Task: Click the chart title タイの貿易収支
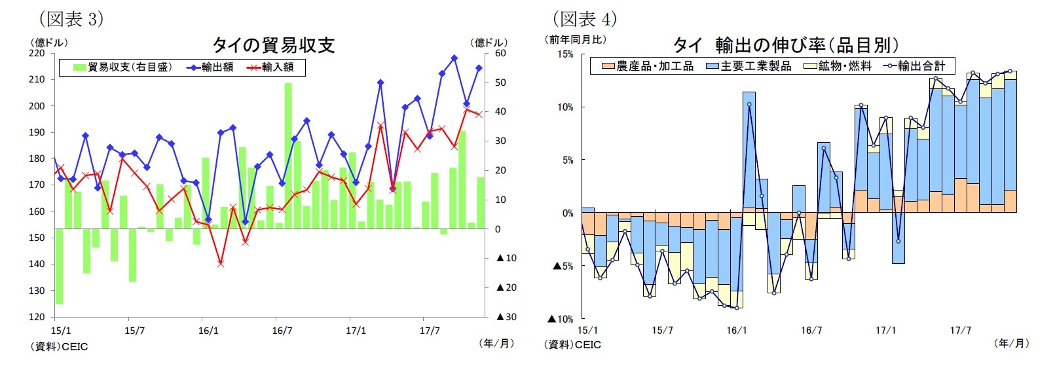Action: point(273,45)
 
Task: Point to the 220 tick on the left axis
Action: point(37,53)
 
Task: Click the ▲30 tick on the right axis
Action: point(506,317)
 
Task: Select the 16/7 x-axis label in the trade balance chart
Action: point(282,331)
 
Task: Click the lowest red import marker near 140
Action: point(221,263)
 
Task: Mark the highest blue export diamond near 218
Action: point(454,58)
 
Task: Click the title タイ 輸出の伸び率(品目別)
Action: point(786,45)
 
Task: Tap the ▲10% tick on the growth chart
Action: point(563,319)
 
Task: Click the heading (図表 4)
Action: point(585,19)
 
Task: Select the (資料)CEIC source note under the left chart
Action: point(59,346)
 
